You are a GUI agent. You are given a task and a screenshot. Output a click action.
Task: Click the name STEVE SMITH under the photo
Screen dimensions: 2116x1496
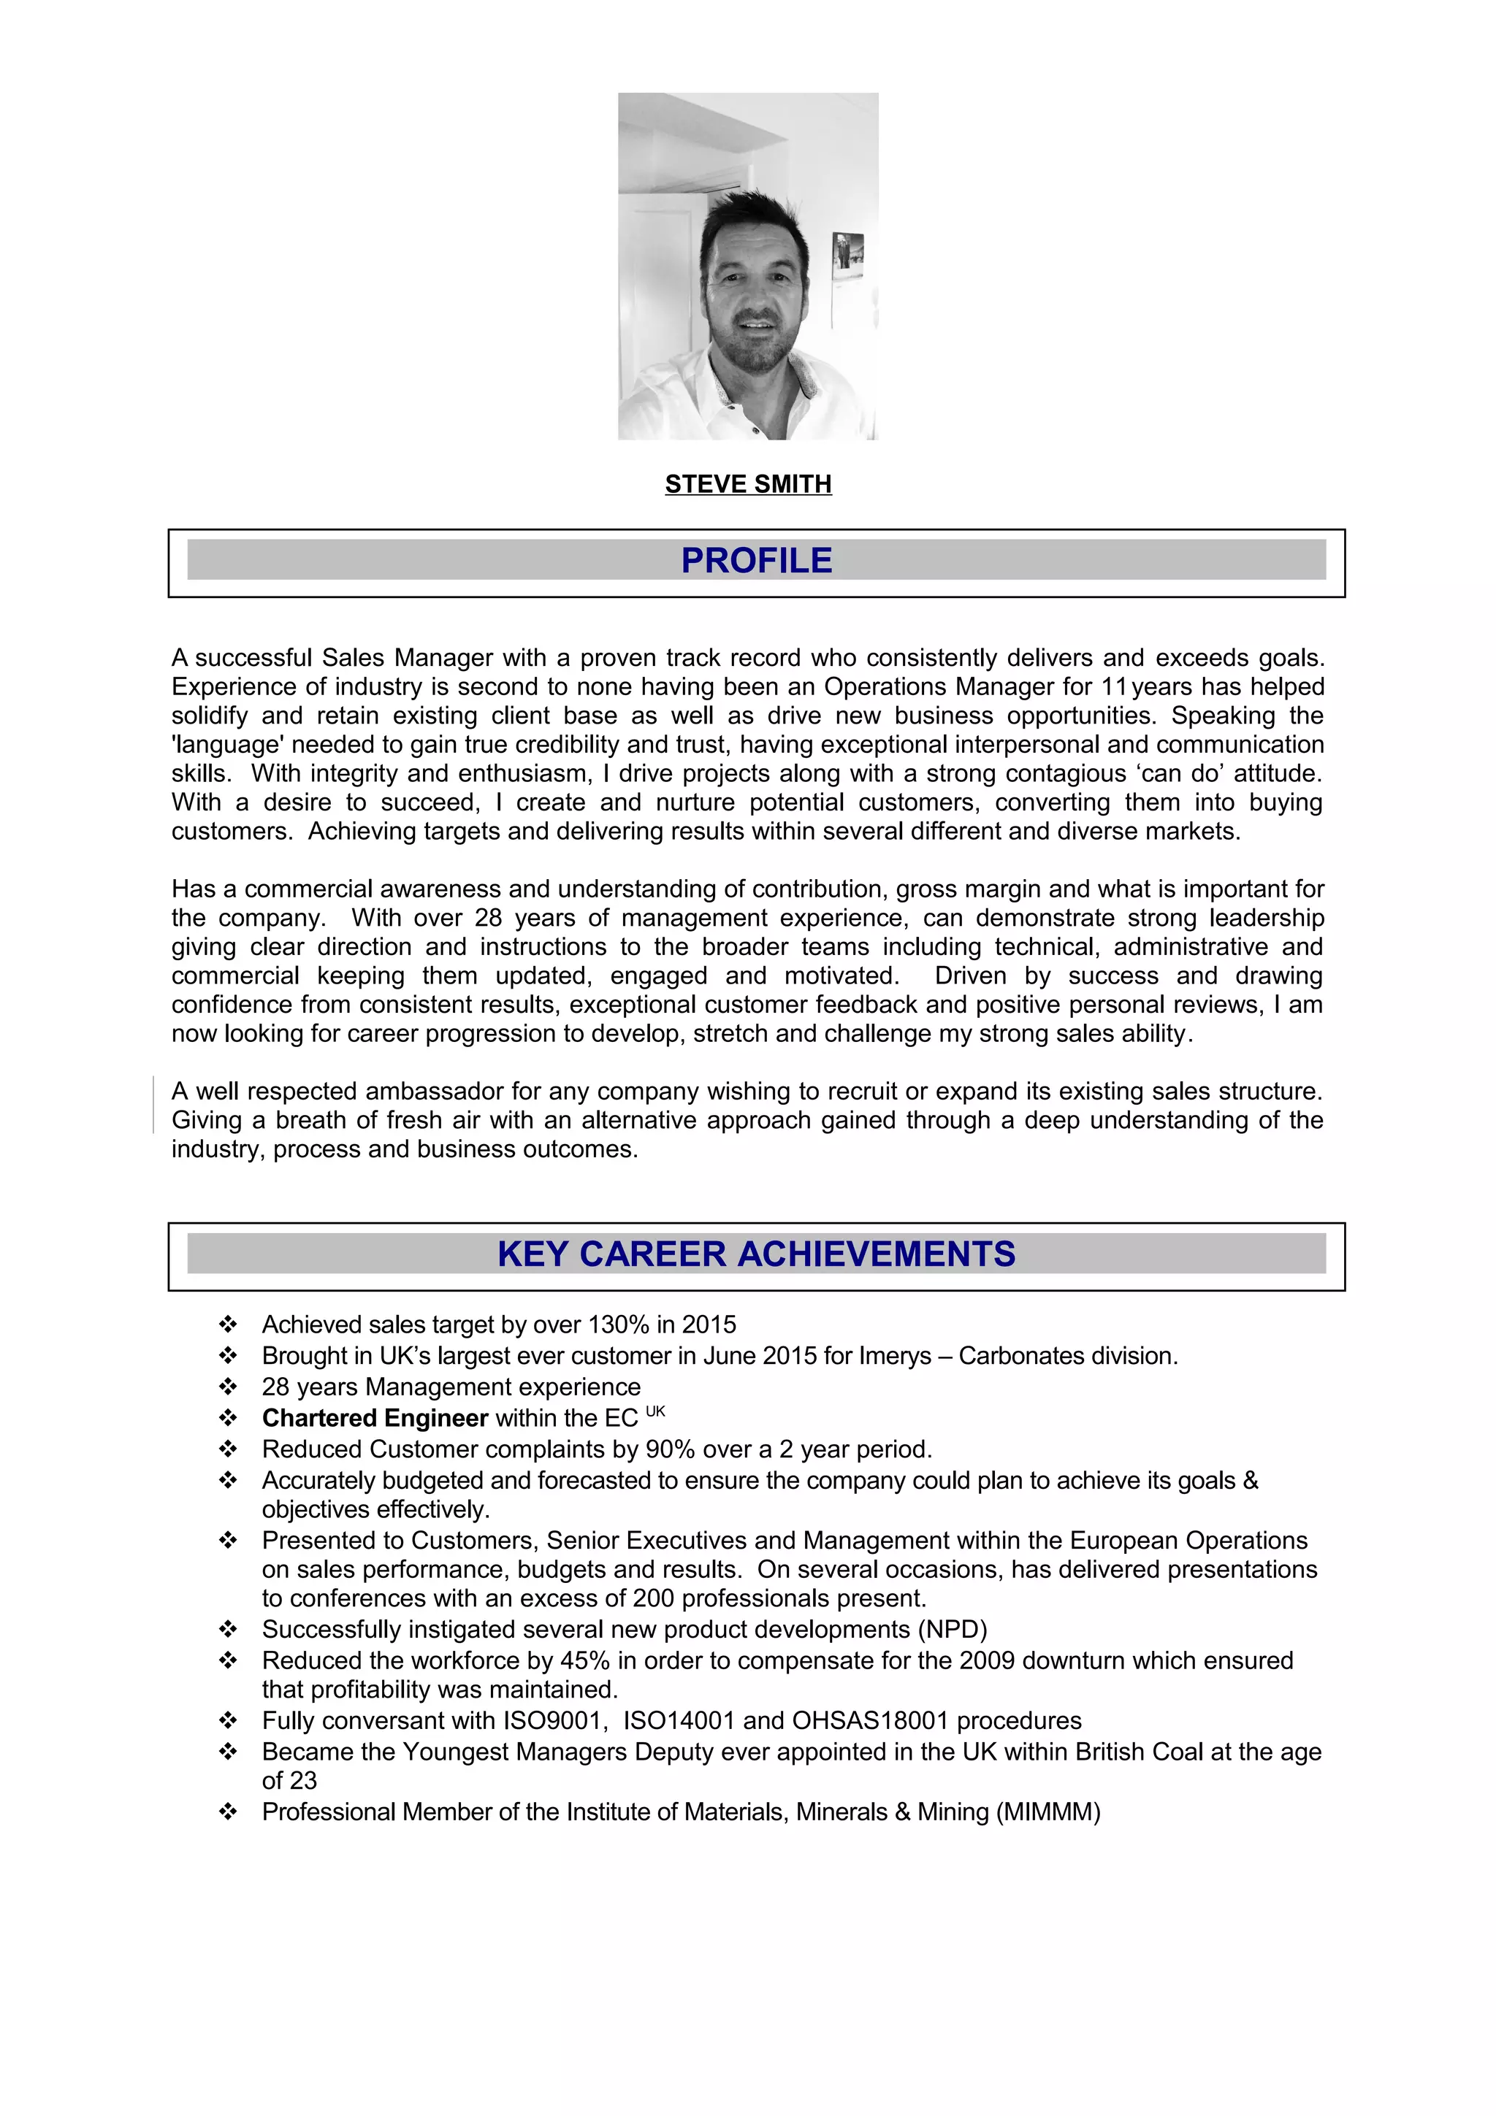pos(747,484)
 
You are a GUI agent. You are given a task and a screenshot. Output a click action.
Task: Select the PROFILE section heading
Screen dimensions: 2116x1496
pos(756,560)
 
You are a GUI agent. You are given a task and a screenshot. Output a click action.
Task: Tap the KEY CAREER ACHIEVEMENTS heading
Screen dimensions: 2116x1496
pos(756,1254)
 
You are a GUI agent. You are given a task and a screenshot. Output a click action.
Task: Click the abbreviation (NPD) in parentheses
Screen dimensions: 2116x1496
pos(951,1630)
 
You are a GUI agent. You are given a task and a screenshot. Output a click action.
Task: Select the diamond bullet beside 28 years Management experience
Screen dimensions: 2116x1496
pos(228,1387)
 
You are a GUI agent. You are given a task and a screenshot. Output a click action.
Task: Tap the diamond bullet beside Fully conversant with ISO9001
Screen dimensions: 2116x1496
pos(228,1721)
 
